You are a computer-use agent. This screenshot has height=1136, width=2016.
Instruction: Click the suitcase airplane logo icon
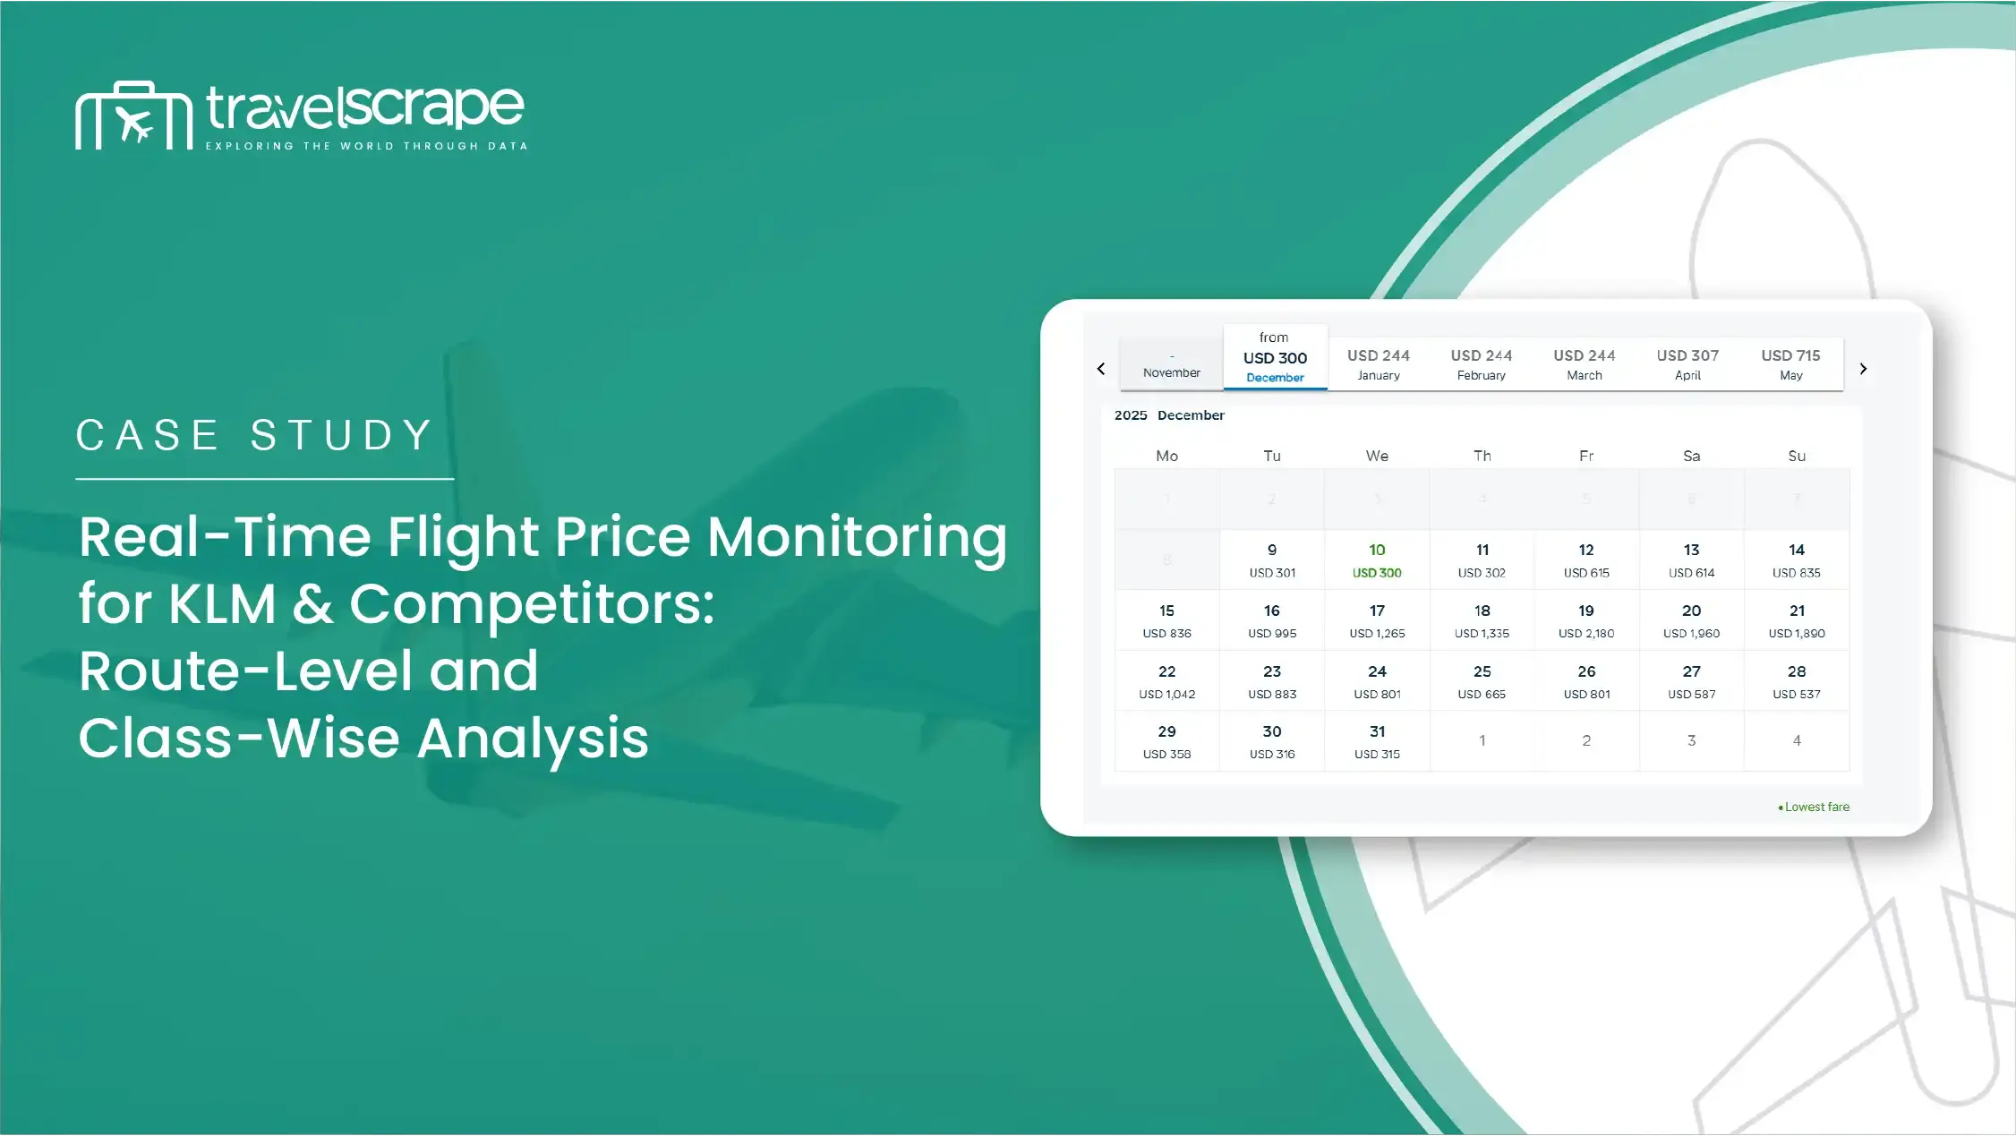point(134,115)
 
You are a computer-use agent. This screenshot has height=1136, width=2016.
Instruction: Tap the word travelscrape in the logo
point(364,107)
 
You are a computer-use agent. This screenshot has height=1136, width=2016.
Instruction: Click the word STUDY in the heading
point(342,436)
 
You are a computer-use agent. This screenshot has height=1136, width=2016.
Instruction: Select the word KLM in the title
point(222,603)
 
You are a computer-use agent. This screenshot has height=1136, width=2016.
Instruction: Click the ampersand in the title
point(312,603)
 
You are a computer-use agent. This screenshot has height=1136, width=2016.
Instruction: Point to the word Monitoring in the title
point(857,538)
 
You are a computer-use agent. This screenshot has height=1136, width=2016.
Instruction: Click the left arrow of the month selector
point(1101,369)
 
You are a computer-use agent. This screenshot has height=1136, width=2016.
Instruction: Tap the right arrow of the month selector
point(1863,369)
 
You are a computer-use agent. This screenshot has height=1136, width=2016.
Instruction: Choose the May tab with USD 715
point(1790,364)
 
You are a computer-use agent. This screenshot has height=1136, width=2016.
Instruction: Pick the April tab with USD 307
point(1687,364)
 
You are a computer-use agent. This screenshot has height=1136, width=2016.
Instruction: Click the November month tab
point(1171,364)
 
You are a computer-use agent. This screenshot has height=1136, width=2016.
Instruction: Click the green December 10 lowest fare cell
point(1377,560)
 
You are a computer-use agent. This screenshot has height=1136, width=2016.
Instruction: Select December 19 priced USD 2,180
point(1586,621)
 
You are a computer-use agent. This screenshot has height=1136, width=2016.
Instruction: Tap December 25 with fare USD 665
point(1482,681)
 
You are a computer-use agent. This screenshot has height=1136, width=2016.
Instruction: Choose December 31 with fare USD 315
point(1377,741)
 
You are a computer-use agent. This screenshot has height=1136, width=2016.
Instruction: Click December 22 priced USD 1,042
point(1166,681)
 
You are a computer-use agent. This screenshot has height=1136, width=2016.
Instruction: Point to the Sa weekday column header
point(1691,456)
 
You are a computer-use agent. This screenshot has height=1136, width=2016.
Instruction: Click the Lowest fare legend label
point(1816,807)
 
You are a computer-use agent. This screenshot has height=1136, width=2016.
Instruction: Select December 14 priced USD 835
point(1796,560)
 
